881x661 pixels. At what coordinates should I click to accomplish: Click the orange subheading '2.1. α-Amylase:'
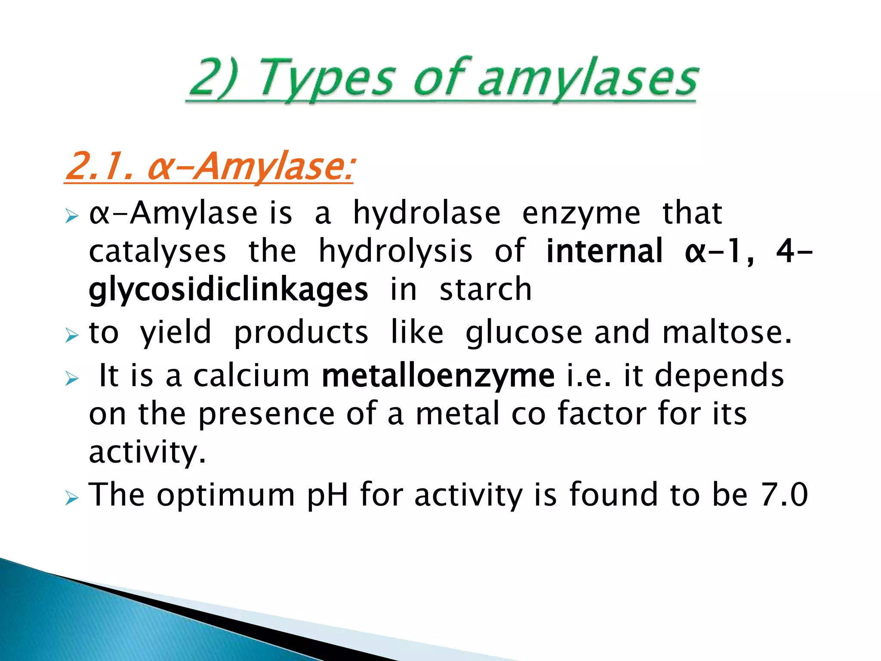pyautogui.click(x=209, y=167)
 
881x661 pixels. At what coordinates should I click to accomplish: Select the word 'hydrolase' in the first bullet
pyautogui.click(x=427, y=213)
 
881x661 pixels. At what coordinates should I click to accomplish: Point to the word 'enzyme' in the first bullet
pyautogui.click(x=581, y=214)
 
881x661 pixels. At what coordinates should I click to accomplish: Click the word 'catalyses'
pyautogui.click(x=157, y=251)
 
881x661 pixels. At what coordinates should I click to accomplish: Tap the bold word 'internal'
pyautogui.click(x=604, y=251)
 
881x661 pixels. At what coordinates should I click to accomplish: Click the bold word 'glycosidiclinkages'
pyautogui.click(x=228, y=290)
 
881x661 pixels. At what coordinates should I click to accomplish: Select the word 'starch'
pyautogui.click(x=485, y=289)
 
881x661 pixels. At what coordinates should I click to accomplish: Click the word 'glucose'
pyautogui.click(x=524, y=333)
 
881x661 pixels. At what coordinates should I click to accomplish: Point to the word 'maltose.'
pyautogui.click(x=727, y=333)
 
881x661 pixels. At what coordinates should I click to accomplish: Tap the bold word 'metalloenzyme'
pyautogui.click(x=438, y=376)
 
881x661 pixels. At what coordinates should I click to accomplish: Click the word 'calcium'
pyautogui.click(x=251, y=376)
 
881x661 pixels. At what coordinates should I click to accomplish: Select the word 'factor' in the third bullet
pyautogui.click(x=601, y=414)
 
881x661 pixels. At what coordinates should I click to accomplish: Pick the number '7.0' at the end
pyautogui.click(x=784, y=495)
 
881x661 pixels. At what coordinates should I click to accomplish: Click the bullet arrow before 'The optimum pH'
pyautogui.click(x=72, y=499)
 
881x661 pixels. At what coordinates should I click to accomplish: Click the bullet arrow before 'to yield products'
pyautogui.click(x=72, y=335)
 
